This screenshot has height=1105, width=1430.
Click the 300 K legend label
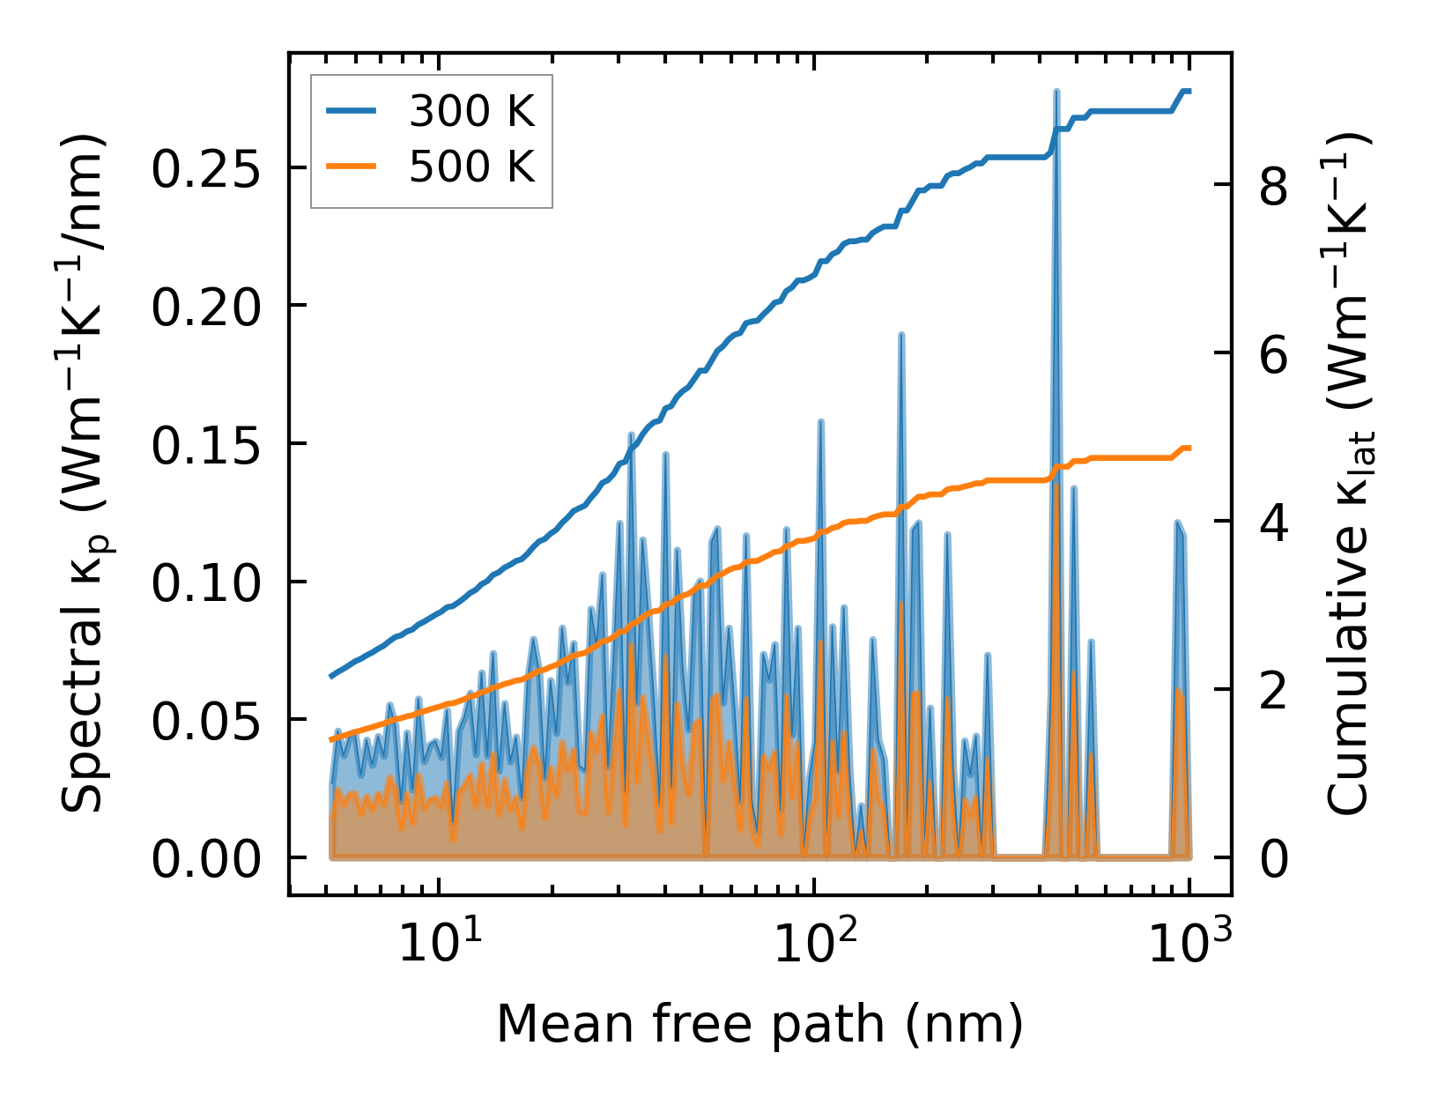click(472, 111)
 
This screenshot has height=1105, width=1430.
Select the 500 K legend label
click(472, 166)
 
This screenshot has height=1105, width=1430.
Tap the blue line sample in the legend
click(352, 111)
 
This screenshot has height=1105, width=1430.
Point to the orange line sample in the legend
click(352, 166)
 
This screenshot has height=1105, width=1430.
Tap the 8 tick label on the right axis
click(1274, 184)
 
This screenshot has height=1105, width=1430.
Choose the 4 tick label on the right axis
click(1274, 522)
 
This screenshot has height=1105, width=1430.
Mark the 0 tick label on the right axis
click(1274, 858)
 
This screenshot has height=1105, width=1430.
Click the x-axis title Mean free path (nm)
click(759, 1024)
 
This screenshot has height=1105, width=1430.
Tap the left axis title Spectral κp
click(85, 473)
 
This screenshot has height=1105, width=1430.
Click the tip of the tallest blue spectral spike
click(1056, 92)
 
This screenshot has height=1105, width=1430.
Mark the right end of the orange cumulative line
click(1189, 448)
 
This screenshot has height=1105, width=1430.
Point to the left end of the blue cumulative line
click(331, 676)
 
